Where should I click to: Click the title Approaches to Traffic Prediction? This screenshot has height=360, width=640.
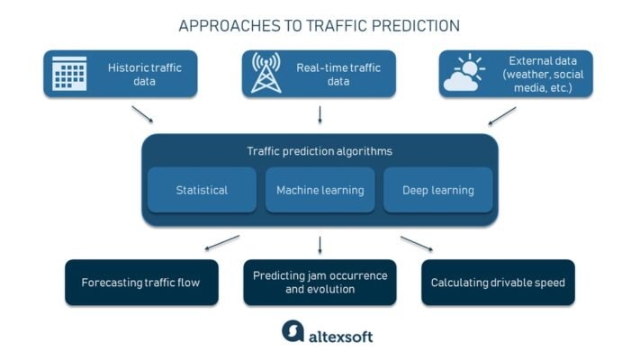click(320, 25)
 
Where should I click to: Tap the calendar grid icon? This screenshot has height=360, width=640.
click(69, 74)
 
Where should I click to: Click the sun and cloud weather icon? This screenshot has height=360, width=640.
click(465, 74)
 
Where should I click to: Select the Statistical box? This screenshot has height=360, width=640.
click(202, 190)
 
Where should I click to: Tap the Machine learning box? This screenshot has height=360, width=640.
click(320, 190)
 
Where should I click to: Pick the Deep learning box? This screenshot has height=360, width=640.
click(437, 190)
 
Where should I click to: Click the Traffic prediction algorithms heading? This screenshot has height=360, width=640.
click(320, 151)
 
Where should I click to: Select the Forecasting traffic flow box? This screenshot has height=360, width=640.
click(140, 283)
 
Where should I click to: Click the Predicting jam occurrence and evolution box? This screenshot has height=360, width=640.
click(320, 283)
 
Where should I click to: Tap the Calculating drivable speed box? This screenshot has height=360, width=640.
click(498, 283)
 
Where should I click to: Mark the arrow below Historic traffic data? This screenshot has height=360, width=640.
click(141, 114)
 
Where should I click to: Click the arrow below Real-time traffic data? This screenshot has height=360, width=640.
click(320, 114)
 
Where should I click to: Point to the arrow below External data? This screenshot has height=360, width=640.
click(501, 115)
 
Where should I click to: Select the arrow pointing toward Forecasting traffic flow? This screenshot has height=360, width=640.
click(221, 243)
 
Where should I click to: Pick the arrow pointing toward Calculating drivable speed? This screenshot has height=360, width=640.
click(417, 244)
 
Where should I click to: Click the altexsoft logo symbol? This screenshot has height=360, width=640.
click(293, 332)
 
